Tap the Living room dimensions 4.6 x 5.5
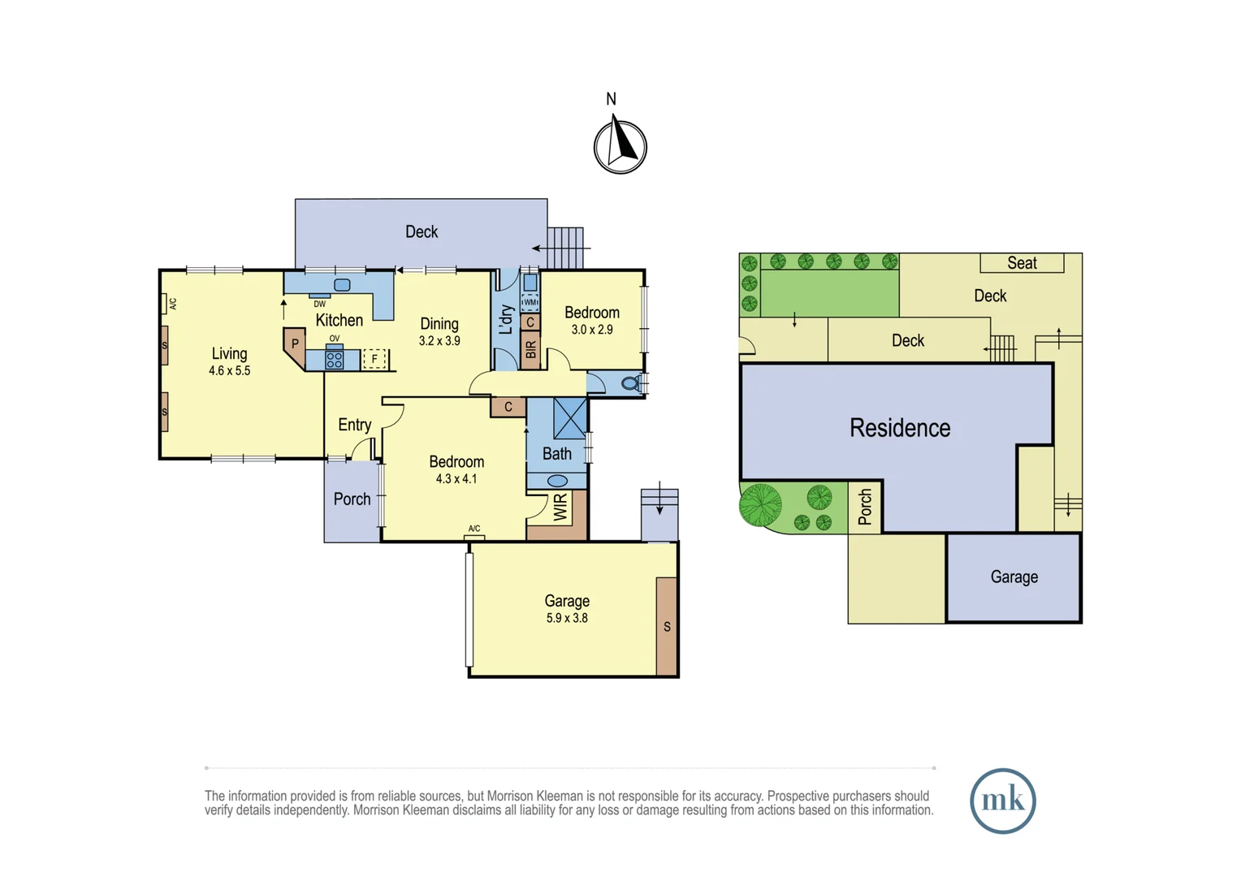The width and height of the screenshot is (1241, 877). (229, 370)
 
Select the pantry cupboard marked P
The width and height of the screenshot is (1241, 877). (295, 348)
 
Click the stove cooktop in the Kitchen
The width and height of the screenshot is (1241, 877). (334, 358)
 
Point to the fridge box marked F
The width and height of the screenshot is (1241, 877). (374, 359)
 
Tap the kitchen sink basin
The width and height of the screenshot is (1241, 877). (342, 285)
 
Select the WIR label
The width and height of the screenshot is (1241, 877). (560, 507)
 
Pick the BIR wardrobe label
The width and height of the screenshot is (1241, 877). (530, 349)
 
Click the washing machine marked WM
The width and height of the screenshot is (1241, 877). (530, 302)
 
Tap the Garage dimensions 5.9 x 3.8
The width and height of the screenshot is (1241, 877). (567, 618)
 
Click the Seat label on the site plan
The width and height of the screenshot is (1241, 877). (1022, 262)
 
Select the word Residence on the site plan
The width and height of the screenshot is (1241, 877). (900, 428)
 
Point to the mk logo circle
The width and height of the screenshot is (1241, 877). (1003, 801)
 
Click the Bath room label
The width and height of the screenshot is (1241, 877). (557, 454)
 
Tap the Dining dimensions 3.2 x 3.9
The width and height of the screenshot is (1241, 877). (439, 341)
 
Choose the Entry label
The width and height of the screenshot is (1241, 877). (355, 425)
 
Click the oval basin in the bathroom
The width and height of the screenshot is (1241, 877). (557, 481)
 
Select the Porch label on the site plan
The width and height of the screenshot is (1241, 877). (865, 507)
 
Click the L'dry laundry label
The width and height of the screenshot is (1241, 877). (506, 320)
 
